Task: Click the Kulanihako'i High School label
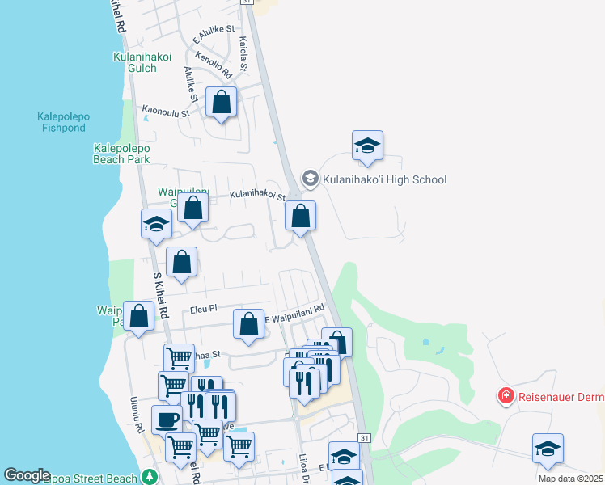384,179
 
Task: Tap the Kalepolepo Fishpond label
63,122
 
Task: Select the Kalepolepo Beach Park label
121,154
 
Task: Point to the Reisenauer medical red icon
506,395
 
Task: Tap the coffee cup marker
167,420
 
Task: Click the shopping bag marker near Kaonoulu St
222,103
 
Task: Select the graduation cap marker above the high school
367,145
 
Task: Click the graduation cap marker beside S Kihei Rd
156,224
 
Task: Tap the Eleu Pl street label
204,309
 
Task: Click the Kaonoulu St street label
165,112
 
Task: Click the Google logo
27,476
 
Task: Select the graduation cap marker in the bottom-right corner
548,449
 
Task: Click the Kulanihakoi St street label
257,196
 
